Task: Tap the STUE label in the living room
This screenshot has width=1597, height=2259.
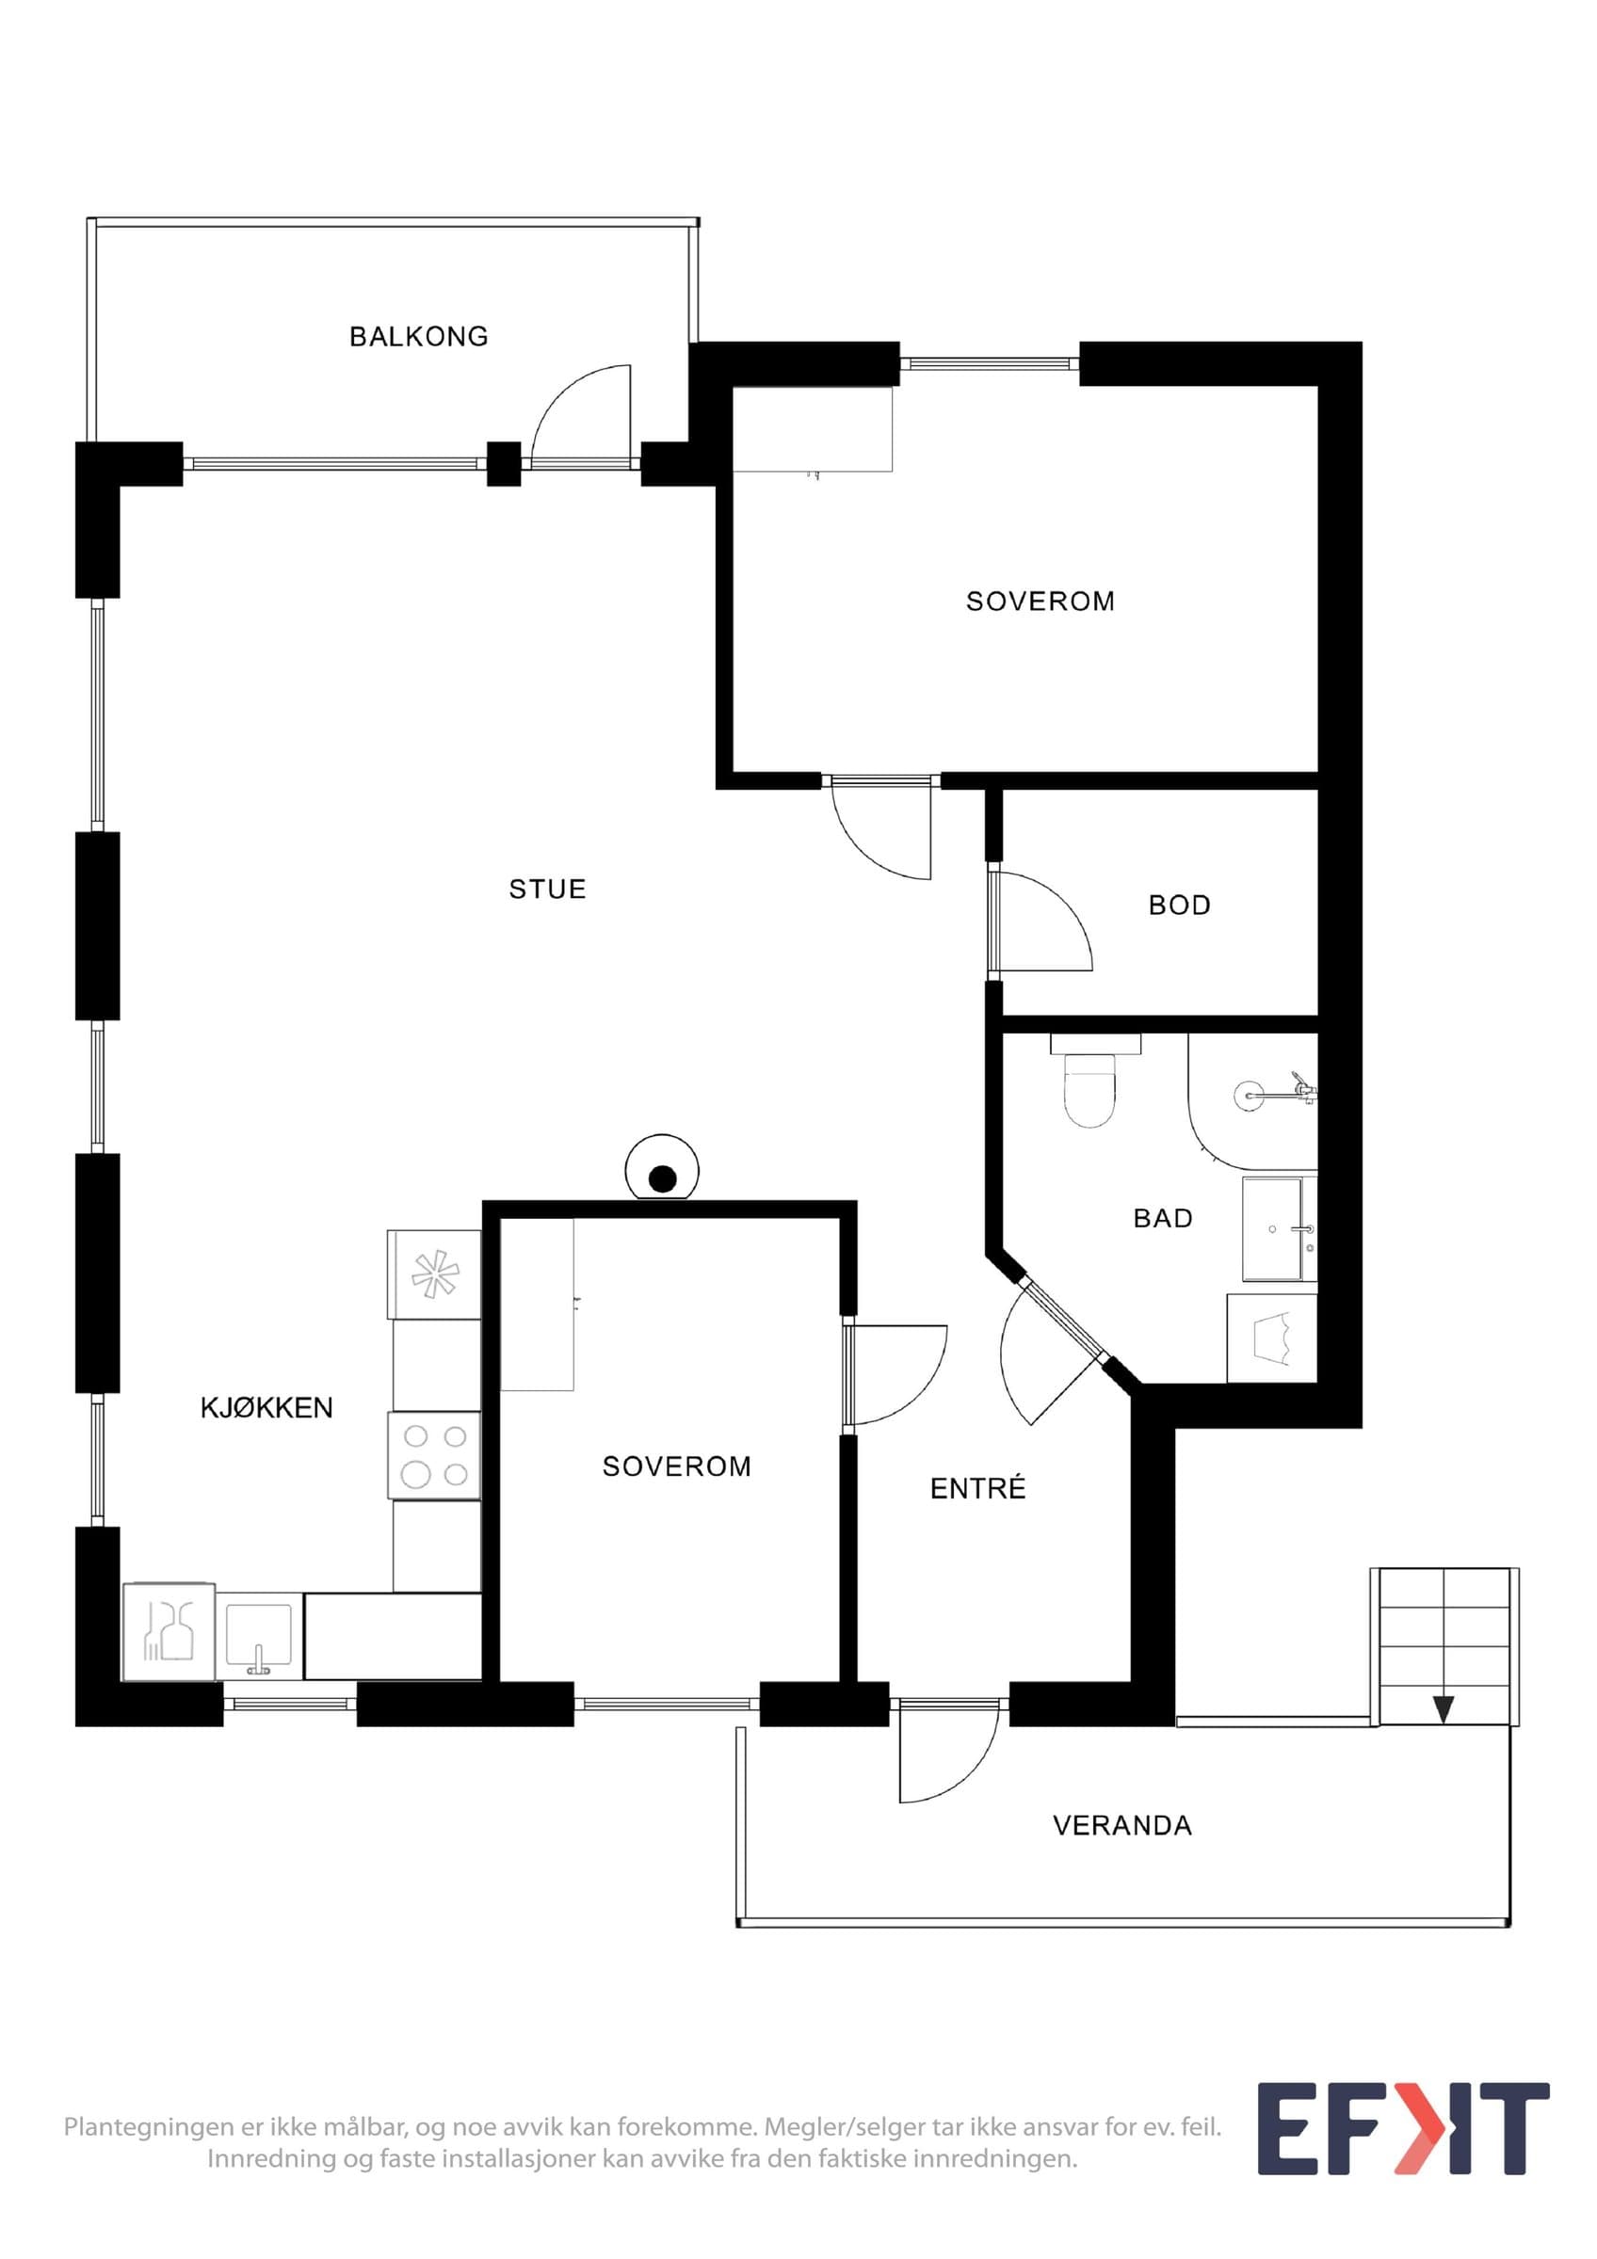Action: (547, 889)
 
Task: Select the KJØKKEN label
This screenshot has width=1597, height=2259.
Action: (266, 1408)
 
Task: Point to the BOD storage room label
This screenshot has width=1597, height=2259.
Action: (1179, 905)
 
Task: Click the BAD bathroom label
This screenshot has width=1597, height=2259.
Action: (1163, 1218)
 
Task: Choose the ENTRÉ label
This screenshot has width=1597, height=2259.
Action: (977, 1489)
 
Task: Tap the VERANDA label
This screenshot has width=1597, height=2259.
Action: (1121, 1826)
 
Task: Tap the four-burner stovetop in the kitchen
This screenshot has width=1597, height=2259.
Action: (434, 1456)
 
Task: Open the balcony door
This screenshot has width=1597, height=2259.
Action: (581, 413)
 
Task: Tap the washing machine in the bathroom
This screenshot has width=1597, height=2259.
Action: (1271, 1338)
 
